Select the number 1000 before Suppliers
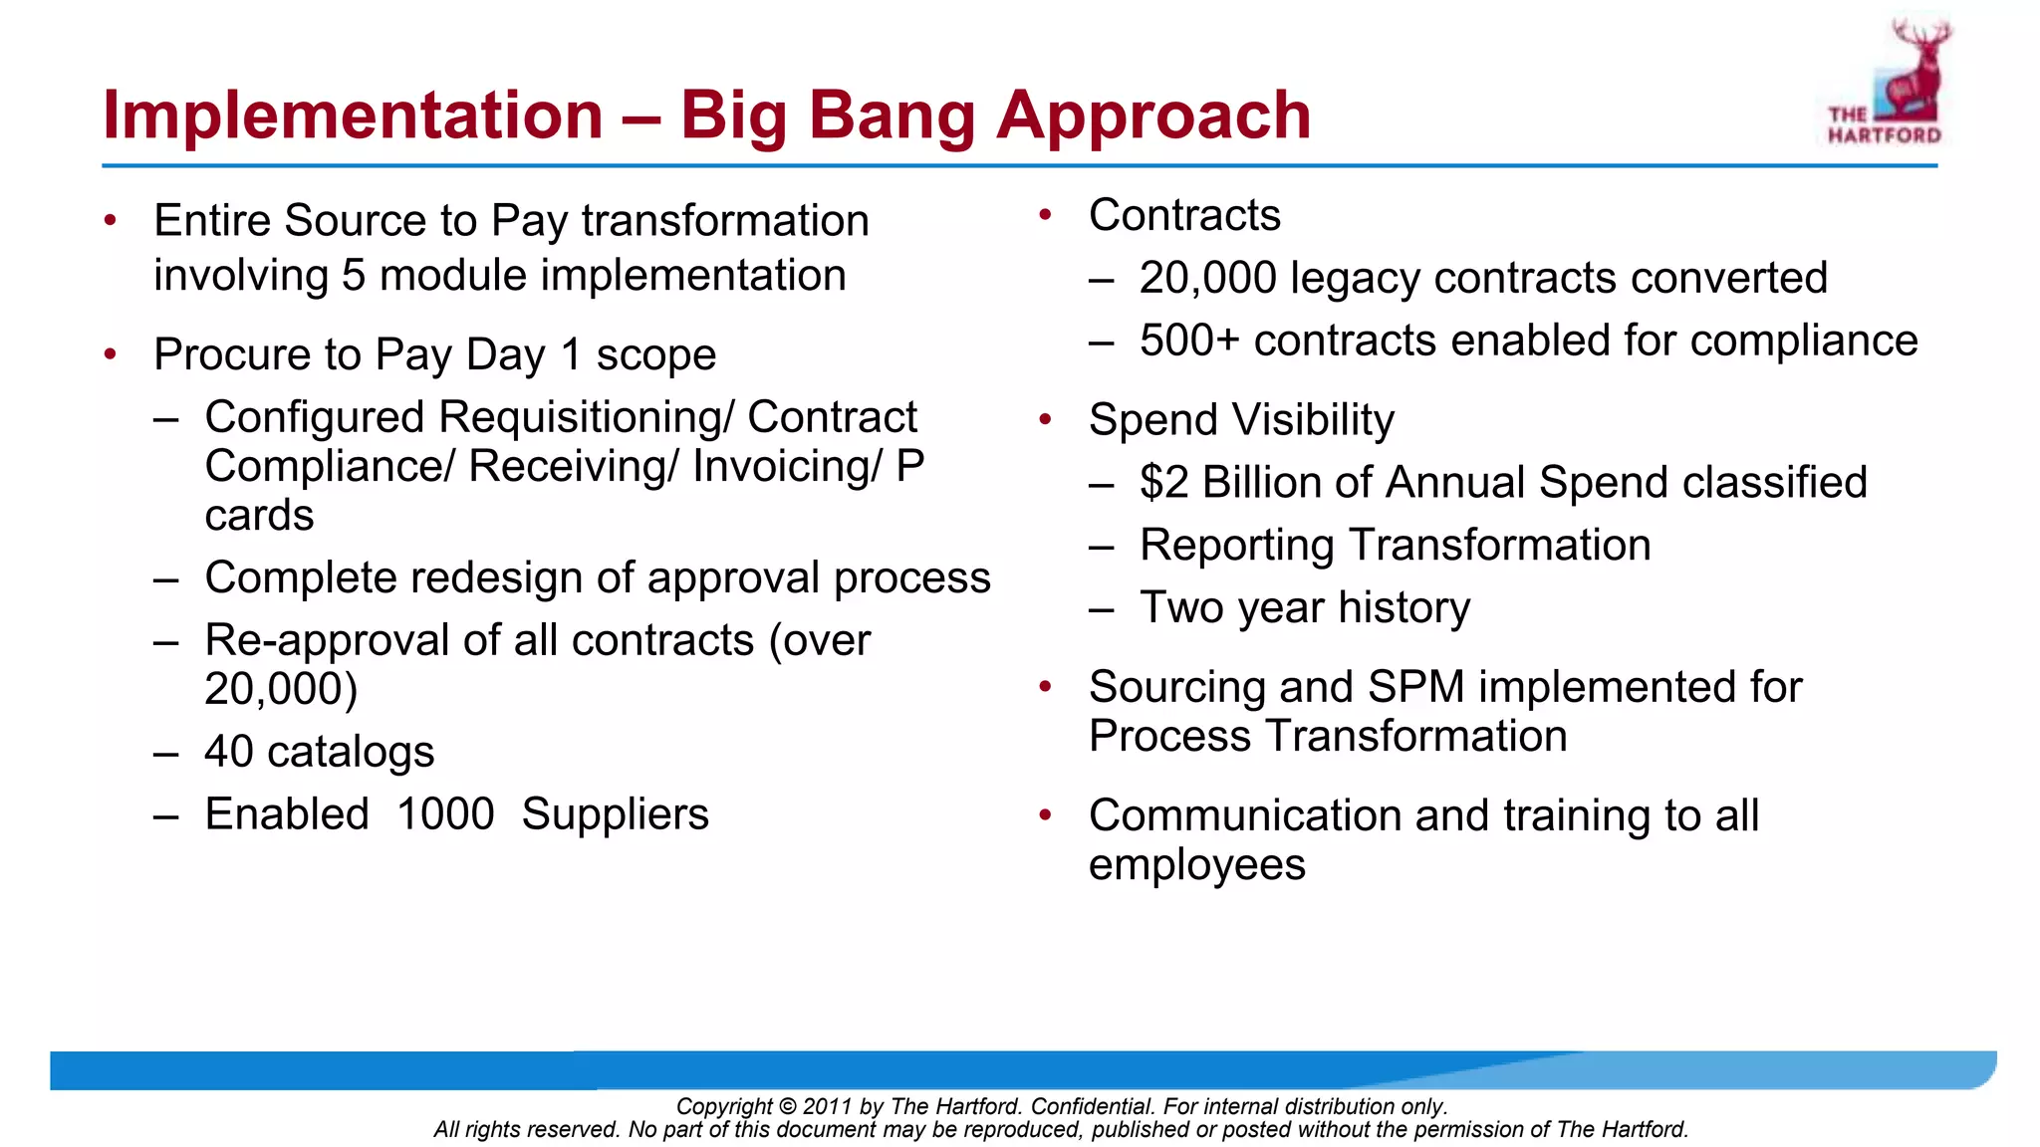pyautogui.click(x=445, y=814)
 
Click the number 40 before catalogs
pyautogui.click(x=229, y=752)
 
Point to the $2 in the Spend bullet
pyautogui.click(x=1163, y=483)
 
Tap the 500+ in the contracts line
pyautogui.click(x=1189, y=341)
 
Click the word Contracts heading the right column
pyautogui.click(x=1184, y=216)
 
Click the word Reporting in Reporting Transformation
pyautogui.click(x=1237, y=546)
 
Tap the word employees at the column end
pyautogui.click(x=1196, y=864)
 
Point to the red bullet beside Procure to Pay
pyautogui.click(x=111, y=354)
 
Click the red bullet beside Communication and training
pyautogui.click(x=1045, y=815)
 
